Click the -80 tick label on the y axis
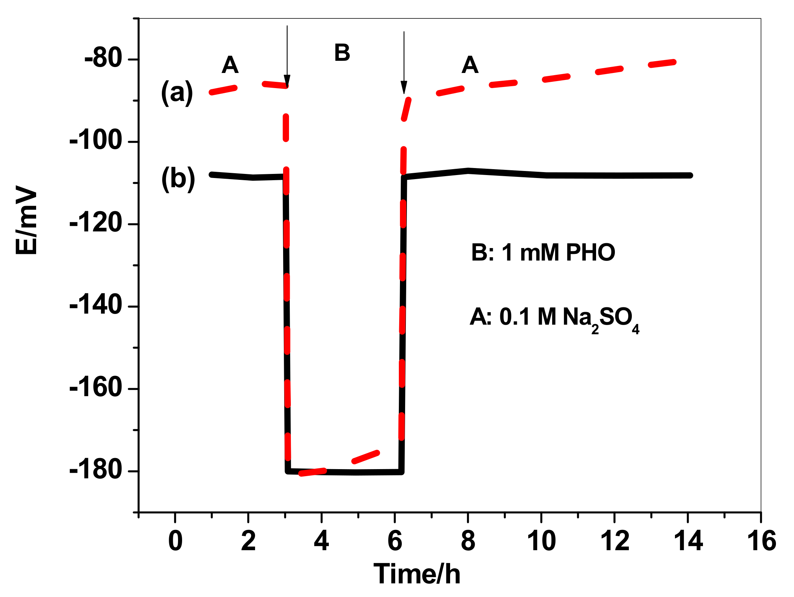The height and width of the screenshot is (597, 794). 103,59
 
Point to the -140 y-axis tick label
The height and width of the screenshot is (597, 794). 95,306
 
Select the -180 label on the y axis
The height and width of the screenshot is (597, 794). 95,471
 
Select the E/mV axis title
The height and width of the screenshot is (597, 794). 27,220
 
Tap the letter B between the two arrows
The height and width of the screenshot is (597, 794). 342,53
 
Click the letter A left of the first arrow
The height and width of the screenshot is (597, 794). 230,65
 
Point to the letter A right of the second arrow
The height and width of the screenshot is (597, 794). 470,65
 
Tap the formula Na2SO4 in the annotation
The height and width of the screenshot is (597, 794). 601,318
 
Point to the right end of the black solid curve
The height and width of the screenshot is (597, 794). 690,175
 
